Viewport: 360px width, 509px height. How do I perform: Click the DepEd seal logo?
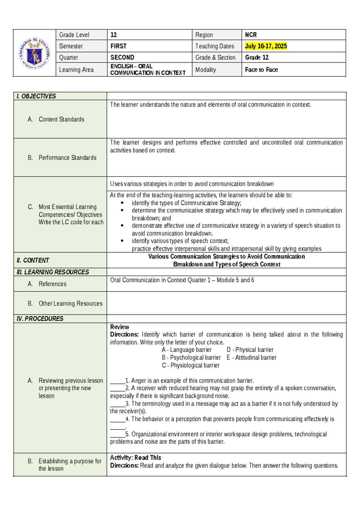(x=34, y=53)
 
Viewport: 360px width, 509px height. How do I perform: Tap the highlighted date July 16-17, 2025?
(x=266, y=46)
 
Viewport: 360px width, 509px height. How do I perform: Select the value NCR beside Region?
(x=251, y=35)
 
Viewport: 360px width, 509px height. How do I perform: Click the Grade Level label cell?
(x=74, y=35)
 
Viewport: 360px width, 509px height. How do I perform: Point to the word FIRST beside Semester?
(x=118, y=46)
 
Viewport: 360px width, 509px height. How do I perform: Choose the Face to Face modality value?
(x=261, y=70)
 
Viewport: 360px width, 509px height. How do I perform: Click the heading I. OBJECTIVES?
(x=36, y=96)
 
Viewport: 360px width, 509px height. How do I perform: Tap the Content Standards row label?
(x=61, y=119)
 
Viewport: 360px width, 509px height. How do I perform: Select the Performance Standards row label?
(x=67, y=158)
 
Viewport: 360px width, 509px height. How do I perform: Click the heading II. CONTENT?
(x=33, y=260)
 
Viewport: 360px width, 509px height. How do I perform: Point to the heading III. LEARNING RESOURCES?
(x=53, y=272)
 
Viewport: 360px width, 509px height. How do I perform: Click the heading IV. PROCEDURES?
(x=40, y=318)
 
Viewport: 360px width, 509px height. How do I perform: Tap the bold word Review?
(x=119, y=327)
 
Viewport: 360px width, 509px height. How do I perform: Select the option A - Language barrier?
(x=187, y=350)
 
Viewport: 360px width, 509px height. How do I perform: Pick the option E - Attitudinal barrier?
(x=251, y=357)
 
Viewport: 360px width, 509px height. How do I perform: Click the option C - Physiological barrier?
(x=190, y=365)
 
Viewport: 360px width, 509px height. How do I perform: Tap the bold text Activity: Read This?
(x=136, y=458)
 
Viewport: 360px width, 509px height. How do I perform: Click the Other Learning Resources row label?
(x=70, y=303)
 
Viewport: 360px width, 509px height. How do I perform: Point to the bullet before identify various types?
(x=122, y=241)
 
